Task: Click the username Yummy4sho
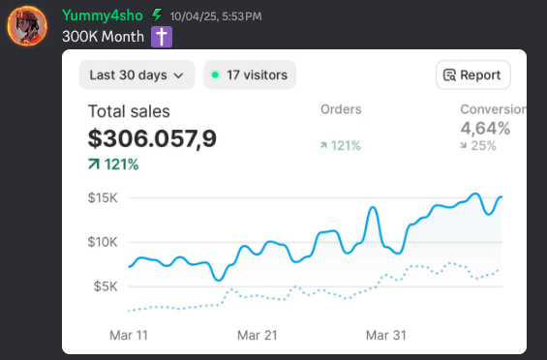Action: tap(102, 15)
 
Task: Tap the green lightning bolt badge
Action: tap(156, 15)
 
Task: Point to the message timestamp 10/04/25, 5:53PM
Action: tap(215, 16)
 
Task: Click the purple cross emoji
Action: tap(162, 37)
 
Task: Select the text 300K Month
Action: tap(104, 37)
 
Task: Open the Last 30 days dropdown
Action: tap(137, 75)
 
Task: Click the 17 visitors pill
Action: tap(250, 75)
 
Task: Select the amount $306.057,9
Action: tap(152, 138)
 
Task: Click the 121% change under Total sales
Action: tap(113, 165)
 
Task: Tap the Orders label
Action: tap(341, 109)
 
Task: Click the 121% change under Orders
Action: tap(340, 145)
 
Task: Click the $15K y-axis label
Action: tap(103, 197)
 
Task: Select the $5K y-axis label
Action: tap(106, 285)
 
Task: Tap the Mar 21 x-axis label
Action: tap(258, 335)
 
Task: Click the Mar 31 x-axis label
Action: tap(386, 335)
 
